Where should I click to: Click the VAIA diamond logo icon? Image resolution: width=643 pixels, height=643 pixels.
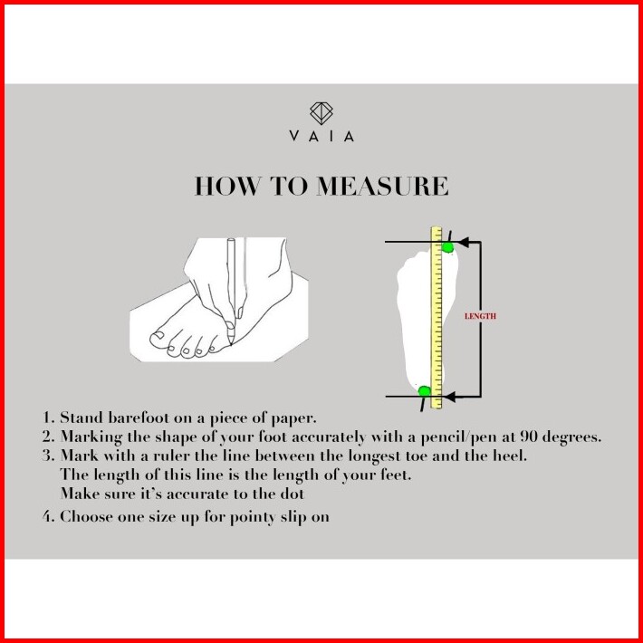[321, 113]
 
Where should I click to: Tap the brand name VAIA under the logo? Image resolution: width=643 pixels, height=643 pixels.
[321, 137]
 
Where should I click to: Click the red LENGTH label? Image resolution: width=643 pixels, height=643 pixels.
[480, 316]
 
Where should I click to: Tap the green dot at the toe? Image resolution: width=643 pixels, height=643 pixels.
[447, 246]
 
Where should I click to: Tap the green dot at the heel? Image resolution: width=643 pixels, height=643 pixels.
[424, 391]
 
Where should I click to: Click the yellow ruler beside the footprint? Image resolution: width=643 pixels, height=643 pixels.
[437, 317]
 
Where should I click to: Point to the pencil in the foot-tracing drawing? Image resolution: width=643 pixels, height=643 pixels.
[230, 290]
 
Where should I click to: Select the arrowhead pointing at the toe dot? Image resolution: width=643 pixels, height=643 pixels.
[457, 242]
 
